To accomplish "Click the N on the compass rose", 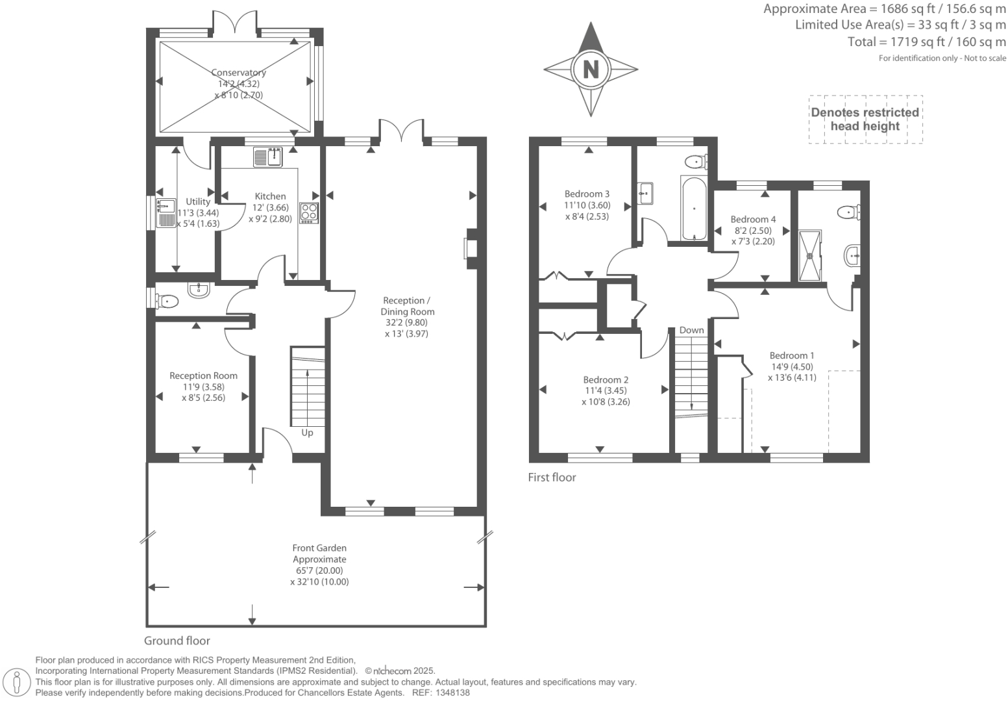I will pyautogui.click(x=591, y=69).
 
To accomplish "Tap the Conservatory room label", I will pyautogui.click(x=238, y=73).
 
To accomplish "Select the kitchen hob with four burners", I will pyautogui.click(x=309, y=213).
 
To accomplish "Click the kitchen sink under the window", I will pyautogui.click(x=268, y=157).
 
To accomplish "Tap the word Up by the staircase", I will pyautogui.click(x=307, y=433).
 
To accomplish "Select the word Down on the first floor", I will pyautogui.click(x=691, y=330).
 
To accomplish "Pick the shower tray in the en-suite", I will pyautogui.click(x=809, y=255).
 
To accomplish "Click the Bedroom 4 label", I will pyautogui.click(x=753, y=220).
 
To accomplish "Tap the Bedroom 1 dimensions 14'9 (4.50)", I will pyautogui.click(x=791, y=366).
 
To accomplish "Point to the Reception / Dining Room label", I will pyautogui.click(x=407, y=306).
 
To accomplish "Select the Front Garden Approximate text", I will pyautogui.click(x=319, y=554).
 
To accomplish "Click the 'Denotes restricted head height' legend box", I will pyautogui.click(x=865, y=120).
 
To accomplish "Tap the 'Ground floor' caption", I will pyautogui.click(x=177, y=641).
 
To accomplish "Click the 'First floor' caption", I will pyautogui.click(x=552, y=478).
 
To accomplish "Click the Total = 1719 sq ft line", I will pyautogui.click(x=926, y=42).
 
